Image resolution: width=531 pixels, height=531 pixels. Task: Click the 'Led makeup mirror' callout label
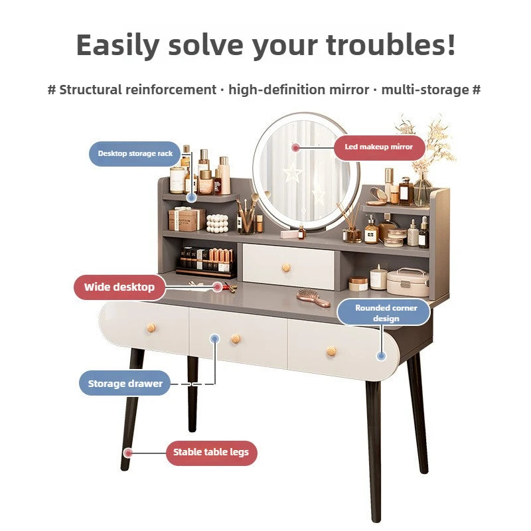[379, 147]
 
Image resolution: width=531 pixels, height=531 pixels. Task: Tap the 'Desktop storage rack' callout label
[135, 154]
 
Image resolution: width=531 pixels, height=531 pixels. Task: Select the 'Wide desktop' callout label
[119, 287]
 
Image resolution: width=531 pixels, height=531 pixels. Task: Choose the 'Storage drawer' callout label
[125, 384]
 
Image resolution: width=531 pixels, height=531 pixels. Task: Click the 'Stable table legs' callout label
[211, 453]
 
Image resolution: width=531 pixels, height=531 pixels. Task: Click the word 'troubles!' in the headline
[391, 45]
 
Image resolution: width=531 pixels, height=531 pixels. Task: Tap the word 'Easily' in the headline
[117, 46]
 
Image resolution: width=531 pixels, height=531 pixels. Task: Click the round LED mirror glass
[306, 172]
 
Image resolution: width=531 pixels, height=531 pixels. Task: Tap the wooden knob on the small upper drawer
[287, 268]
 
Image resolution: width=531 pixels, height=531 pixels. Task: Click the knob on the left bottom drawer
[151, 328]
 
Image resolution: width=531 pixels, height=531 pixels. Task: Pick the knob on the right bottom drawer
[331, 352]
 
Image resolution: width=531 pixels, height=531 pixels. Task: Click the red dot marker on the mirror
[296, 147]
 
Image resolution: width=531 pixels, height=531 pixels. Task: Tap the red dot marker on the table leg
[128, 453]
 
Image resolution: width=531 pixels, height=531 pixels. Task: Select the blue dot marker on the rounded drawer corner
[381, 356]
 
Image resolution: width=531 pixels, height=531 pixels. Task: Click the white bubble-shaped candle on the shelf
[217, 224]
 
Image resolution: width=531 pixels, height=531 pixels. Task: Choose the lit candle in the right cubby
[378, 278]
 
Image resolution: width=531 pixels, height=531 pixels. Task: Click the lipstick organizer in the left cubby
[206, 262]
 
